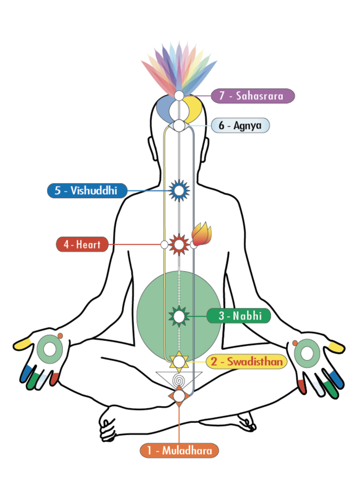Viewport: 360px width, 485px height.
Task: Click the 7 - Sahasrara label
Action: point(253,96)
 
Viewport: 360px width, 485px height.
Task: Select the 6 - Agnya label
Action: point(240,126)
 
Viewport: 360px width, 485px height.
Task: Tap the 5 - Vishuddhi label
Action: point(86,190)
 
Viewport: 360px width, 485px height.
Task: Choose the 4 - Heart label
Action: point(82,244)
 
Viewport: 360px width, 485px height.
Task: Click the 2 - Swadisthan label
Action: point(246,361)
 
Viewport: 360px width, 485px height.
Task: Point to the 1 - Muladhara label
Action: point(179,450)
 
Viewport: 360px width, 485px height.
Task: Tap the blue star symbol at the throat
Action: point(178,190)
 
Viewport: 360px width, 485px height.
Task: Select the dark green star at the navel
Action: point(178,315)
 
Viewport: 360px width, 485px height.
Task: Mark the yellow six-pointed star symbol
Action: point(178,361)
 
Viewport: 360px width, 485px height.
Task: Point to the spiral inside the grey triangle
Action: point(178,381)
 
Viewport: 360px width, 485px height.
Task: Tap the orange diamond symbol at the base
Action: point(178,396)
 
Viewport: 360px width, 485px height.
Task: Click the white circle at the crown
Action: point(179,96)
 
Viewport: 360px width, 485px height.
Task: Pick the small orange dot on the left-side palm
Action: point(61,336)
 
